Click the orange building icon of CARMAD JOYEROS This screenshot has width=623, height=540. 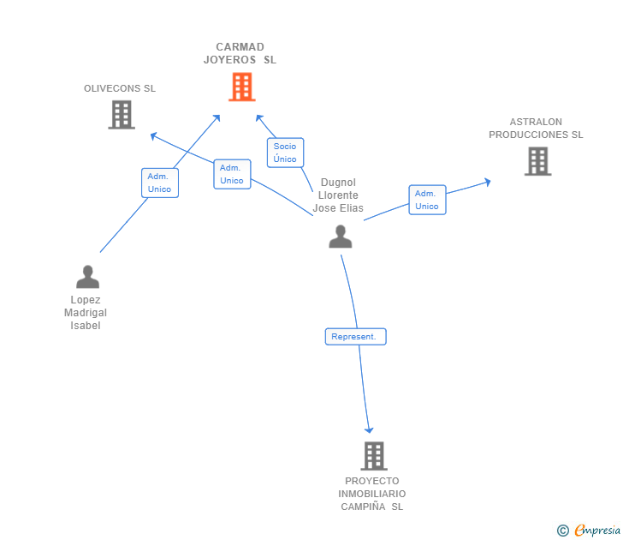coord(242,87)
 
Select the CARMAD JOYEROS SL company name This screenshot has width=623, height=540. coord(240,53)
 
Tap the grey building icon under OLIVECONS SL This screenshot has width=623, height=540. coord(122,115)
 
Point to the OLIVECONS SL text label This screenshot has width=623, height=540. coord(120,88)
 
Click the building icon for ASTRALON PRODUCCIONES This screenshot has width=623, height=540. coord(537,161)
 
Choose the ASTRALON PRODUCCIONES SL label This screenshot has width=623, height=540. coord(536,129)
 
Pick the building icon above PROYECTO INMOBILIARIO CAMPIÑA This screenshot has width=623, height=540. coord(373,456)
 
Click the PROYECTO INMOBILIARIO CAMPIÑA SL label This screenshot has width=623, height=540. coord(372,494)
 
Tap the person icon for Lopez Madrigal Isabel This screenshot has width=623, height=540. coord(87,277)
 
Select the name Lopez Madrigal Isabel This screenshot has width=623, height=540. coord(86,313)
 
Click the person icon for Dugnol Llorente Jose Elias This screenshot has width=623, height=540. coord(341,237)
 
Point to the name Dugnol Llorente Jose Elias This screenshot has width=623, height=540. coord(338,195)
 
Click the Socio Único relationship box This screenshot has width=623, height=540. coord(285,153)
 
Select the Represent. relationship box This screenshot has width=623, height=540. coord(355,337)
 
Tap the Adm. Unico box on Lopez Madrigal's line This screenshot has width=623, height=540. coord(160,183)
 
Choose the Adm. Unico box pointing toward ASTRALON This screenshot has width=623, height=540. coord(427,200)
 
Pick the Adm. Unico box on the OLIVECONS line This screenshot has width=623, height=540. coord(232,174)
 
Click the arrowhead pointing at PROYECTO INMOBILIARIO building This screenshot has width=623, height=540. coord(370,429)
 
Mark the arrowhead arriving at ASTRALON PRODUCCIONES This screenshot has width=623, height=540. coord(487,181)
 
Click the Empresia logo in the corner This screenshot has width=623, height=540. coord(590,531)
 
